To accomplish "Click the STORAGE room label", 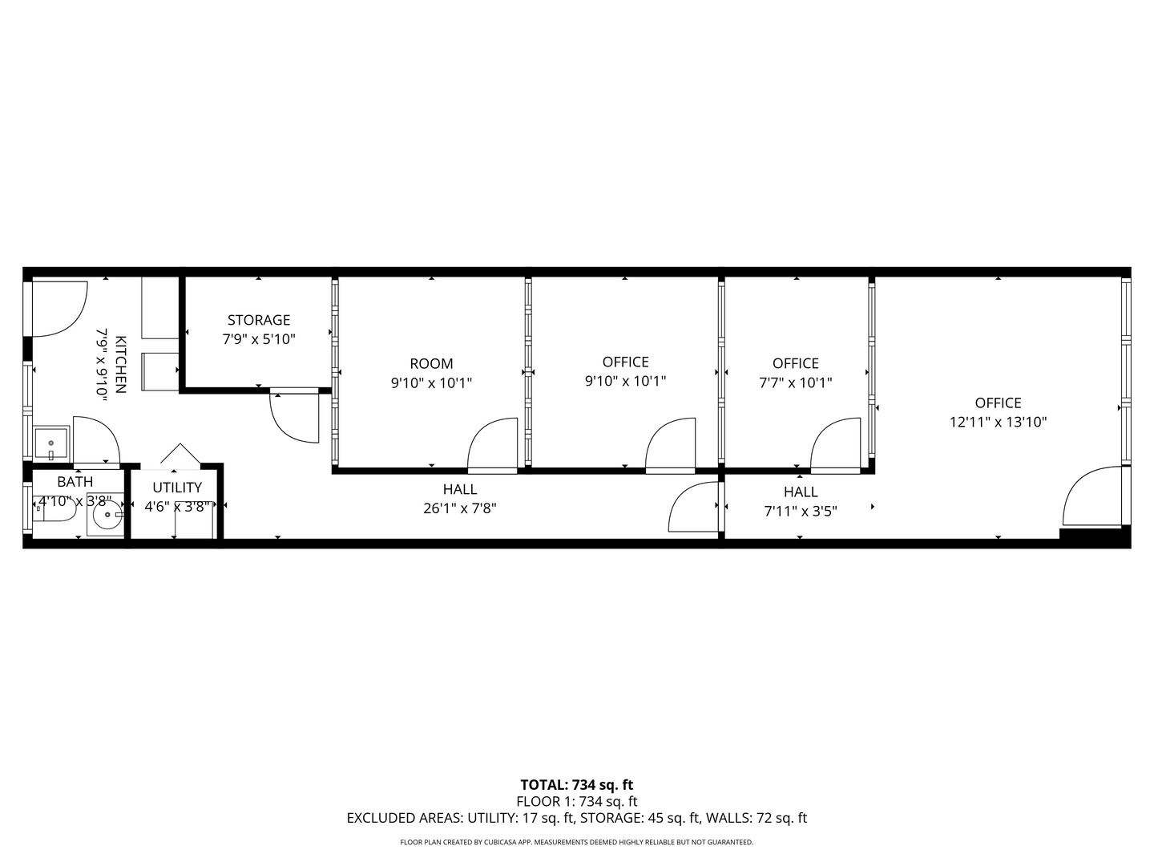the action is pos(259,320).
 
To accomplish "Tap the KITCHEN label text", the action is pos(120,364).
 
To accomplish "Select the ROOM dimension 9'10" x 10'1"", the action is pos(431,382).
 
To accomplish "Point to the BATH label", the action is pos(75,482).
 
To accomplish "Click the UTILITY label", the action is pos(177,488).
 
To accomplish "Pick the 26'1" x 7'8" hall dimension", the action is pos(460,508).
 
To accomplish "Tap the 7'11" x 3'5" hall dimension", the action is pos(801,511).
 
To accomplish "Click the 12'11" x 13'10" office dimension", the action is pos(998,422).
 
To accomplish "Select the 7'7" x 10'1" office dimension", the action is pos(796,382).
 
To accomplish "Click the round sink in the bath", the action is pos(107,515).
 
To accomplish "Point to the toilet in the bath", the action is pos(54,509).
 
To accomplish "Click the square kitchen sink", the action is pos(51,443).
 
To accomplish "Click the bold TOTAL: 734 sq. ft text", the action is pos(577,785).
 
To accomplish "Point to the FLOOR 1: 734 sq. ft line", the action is pos(577,802).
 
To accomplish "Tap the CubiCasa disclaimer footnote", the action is pos(577,842).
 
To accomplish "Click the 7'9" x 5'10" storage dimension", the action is pos(259,339).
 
